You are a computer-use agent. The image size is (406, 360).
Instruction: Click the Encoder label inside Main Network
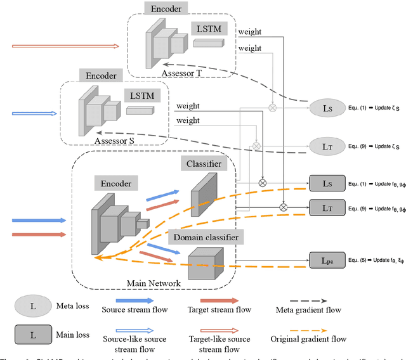(x=115, y=184)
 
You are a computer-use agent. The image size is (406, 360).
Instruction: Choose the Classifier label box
(x=204, y=164)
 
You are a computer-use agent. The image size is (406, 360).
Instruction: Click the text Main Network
(x=171, y=282)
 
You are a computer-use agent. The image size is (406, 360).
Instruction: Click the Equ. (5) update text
(x=374, y=259)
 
